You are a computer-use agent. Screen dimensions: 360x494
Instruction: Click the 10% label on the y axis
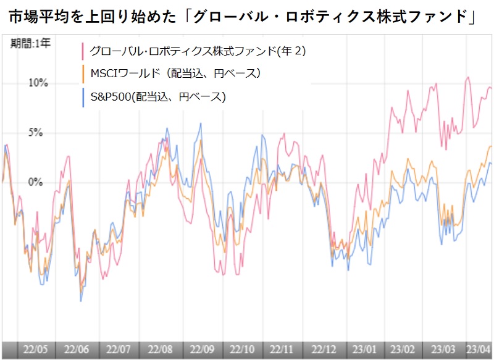tap(38, 83)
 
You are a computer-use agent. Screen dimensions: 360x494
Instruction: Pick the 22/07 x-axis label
tap(119, 349)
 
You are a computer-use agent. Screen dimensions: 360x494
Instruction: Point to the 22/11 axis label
tap(283, 349)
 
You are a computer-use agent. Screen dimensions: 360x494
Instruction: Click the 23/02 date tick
tap(404, 349)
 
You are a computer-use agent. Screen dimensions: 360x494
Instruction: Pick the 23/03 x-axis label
tap(443, 349)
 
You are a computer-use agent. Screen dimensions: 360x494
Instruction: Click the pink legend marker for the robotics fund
tap(83, 51)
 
